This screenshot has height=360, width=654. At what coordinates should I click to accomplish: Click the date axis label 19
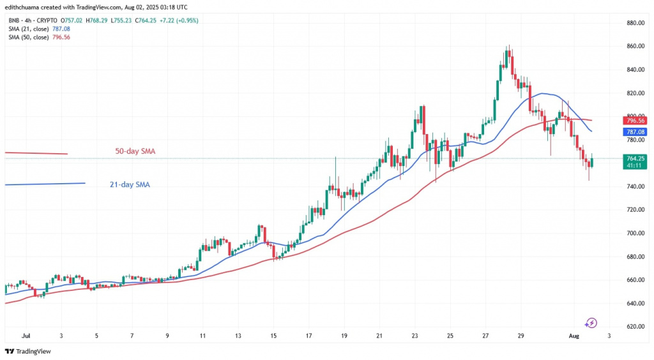(x=344, y=334)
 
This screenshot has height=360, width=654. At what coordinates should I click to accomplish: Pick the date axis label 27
(x=485, y=334)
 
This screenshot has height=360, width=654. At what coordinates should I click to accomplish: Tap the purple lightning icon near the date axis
(x=591, y=323)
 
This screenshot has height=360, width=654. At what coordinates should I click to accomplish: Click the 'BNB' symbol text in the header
(x=14, y=20)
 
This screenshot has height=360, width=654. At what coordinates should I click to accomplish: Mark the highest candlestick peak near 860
(x=508, y=46)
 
